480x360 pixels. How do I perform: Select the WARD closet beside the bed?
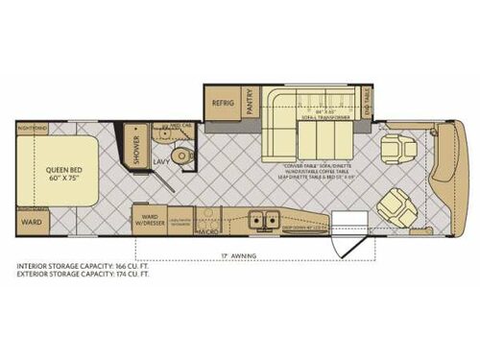pos(28,222)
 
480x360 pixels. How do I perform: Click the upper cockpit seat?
pos(394,150)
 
